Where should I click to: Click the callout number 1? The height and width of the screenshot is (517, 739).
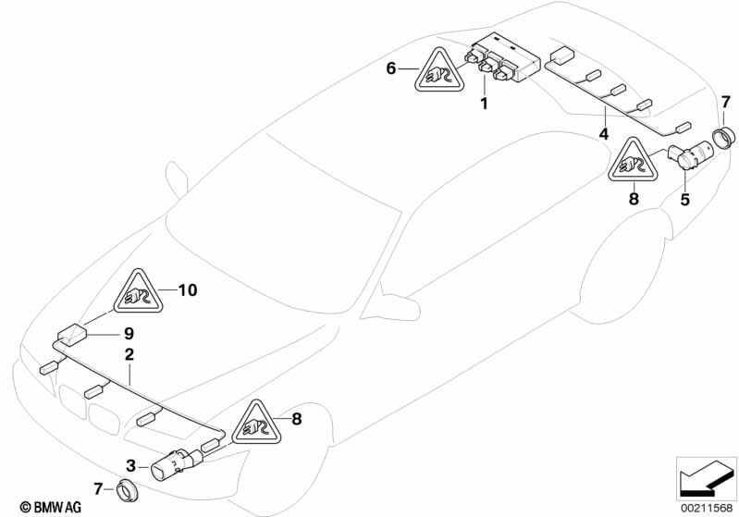pyautogui.click(x=484, y=104)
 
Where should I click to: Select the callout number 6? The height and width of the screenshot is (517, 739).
pyautogui.click(x=391, y=68)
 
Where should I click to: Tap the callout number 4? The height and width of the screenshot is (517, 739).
pyautogui.click(x=604, y=134)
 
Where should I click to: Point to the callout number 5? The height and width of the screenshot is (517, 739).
pyautogui.click(x=684, y=199)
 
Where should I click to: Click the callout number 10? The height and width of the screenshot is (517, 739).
pyautogui.click(x=188, y=289)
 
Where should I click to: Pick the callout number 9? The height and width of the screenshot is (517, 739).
pyautogui.click(x=129, y=334)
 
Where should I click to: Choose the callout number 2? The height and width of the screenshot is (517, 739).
pyautogui.click(x=129, y=354)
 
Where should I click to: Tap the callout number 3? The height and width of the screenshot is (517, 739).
pyautogui.click(x=130, y=465)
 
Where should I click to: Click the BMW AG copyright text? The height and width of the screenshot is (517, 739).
pyautogui.click(x=51, y=507)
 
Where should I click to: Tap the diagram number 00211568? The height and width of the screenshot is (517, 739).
pyautogui.click(x=707, y=508)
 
